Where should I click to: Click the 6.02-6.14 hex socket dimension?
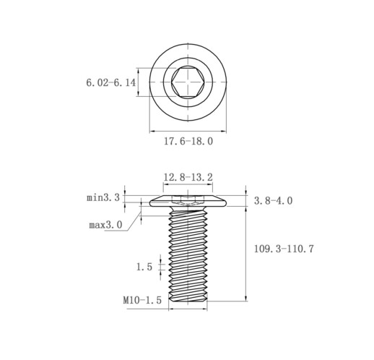pyautogui.click(x=111, y=83)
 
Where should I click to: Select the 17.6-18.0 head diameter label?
pyautogui.click(x=188, y=141)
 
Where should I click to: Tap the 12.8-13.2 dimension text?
pyautogui.click(x=188, y=177)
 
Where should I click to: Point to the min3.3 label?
pyautogui.click(x=103, y=198)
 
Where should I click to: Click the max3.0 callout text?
pyautogui.click(x=105, y=225)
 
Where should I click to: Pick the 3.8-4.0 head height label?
pyautogui.click(x=274, y=201)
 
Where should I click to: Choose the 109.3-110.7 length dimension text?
pyautogui.click(x=284, y=249)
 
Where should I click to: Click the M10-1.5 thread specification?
pyautogui.click(x=142, y=300)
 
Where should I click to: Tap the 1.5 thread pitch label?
pyautogui.click(x=144, y=267)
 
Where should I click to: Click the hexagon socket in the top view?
pyautogui.click(x=188, y=82)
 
